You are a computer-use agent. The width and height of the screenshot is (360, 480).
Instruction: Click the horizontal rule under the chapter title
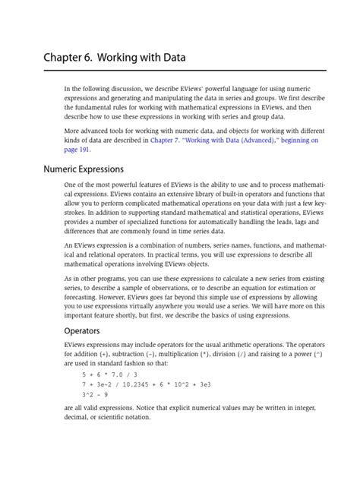[185, 70]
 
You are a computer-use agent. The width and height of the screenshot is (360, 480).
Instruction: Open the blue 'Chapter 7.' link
[166, 141]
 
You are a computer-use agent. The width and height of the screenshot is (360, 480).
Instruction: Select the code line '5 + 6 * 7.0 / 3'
[111, 374]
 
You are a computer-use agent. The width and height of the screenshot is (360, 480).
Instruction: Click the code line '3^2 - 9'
[96, 395]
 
